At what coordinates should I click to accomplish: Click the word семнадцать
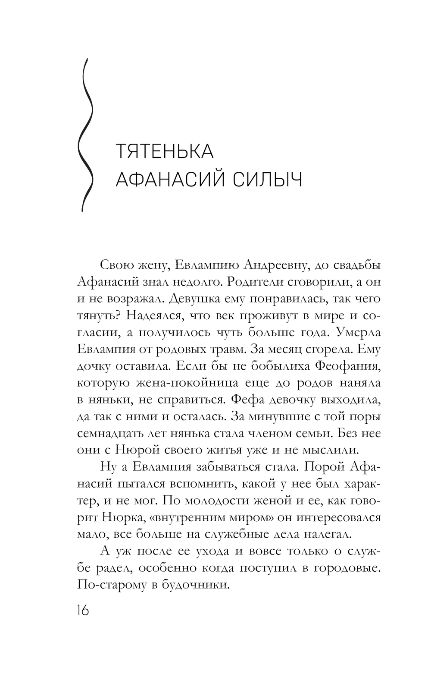pyautogui.click(x=110, y=433)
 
